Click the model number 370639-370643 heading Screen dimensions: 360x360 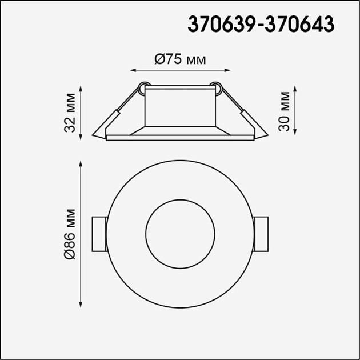click(x=261, y=25)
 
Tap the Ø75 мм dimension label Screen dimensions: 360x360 click(x=180, y=59)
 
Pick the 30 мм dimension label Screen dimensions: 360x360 click(x=284, y=112)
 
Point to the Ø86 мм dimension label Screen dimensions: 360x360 click(x=70, y=234)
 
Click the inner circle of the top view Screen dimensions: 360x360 click(x=180, y=234)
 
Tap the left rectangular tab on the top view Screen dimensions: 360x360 click(x=99, y=234)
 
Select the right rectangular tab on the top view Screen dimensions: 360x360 click(x=261, y=234)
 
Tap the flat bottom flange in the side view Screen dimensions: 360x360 click(x=180, y=137)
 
